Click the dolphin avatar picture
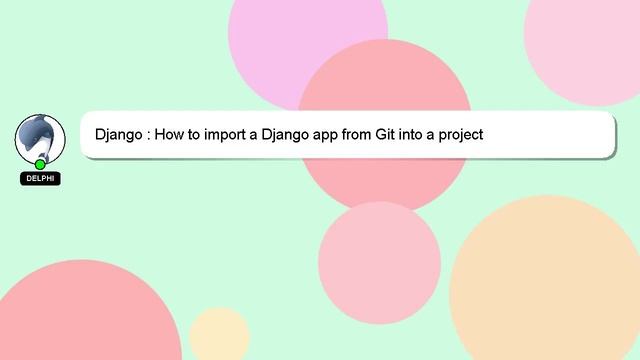tap(40, 138)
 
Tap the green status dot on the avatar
tap(40, 164)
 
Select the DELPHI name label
tap(40, 179)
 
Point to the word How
tap(174, 134)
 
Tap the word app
tap(336, 134)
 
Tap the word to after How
tap(200, 134)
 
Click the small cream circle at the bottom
tap(219, 336)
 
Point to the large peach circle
tap(545, 280)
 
